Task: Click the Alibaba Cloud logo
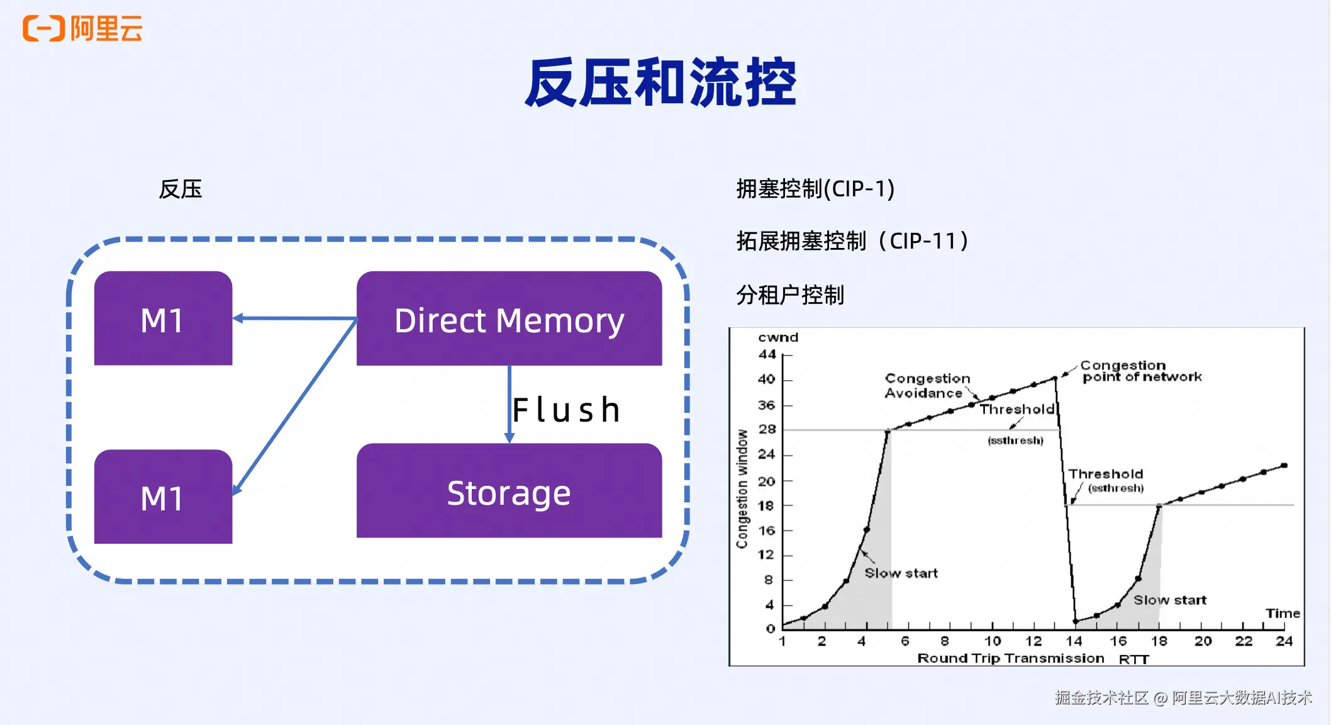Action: [82, 28]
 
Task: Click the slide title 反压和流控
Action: [661, 82]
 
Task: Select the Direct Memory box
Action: [509, 318]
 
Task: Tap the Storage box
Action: [509, 491]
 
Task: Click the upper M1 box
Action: [163, 318]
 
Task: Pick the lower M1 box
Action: [163, 497]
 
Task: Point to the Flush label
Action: [566, 410]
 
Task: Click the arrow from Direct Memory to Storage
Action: [510, 404]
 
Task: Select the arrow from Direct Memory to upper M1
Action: [295, 318]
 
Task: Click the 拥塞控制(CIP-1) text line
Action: [815, 189]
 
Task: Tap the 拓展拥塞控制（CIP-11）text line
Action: [853, 240]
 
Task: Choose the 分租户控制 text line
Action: [790, 295]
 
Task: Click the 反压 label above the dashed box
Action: [181, 189]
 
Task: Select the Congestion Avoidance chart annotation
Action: [927, 386]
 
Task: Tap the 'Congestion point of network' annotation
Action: [1141, 371]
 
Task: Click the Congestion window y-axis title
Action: [743, 489]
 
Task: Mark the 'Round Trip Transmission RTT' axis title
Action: [1033, 658]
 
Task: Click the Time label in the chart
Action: [1283, 613]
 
